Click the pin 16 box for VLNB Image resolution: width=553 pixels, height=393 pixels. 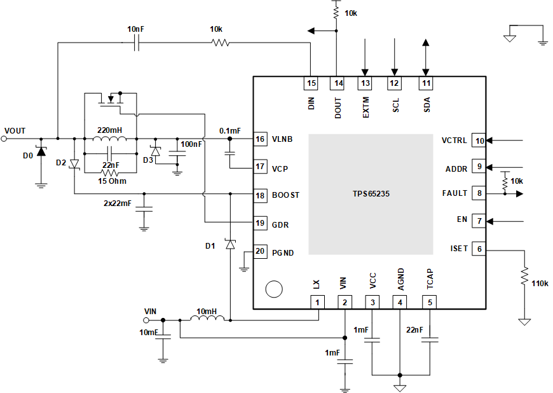260,139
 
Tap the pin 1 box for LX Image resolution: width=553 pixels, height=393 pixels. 316,303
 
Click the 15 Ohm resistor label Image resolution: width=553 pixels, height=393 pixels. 111,181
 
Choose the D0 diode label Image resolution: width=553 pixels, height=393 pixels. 27,155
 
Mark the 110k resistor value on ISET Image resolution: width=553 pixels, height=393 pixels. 539,283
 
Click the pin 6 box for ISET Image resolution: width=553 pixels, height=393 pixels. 479,249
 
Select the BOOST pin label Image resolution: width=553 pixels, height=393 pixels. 285,195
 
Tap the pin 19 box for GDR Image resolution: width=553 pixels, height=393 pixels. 260,223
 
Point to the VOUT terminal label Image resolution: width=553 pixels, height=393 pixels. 15,130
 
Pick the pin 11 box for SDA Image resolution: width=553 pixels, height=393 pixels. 425,83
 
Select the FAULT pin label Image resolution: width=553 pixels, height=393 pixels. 454,193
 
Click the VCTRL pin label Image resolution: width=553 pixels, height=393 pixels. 454,141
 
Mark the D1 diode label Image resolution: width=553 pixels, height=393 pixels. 211,246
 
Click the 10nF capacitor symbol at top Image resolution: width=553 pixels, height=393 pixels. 136,43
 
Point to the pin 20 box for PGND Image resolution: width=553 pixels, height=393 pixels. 260,251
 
